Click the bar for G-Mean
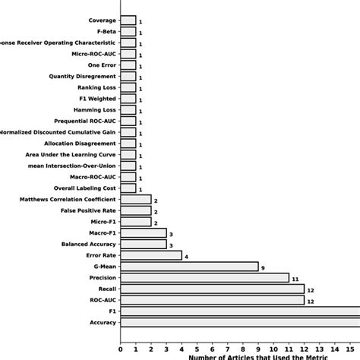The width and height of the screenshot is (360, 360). pos(189,267)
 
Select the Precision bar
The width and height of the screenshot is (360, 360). pos(204,278)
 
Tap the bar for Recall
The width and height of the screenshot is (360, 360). pos(212,289)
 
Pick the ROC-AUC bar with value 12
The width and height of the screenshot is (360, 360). pos(212,301)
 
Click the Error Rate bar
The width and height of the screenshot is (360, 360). pos(151,255)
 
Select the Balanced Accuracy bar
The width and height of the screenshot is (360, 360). pos(144,244)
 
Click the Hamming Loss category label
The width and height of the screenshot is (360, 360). pos(95,109)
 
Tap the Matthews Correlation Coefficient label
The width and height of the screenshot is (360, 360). pos(68,199)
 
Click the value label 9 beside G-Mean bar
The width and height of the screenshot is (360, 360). pos(263,267)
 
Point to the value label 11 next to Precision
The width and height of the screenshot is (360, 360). pos(295,279)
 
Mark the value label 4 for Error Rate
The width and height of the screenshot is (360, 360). pos(186,256)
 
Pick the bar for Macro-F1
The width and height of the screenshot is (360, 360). pos(144,233)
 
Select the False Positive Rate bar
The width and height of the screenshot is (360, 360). pos(136,210)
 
